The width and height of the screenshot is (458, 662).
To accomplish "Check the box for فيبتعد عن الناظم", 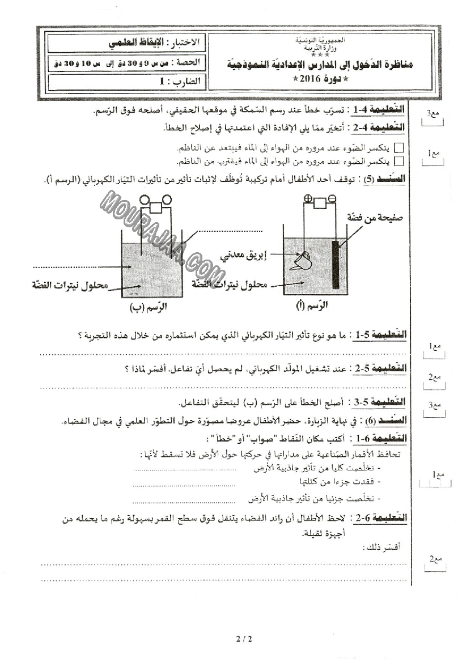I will point(399,148).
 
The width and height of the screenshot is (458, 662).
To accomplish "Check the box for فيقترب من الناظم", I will point(399,162).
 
